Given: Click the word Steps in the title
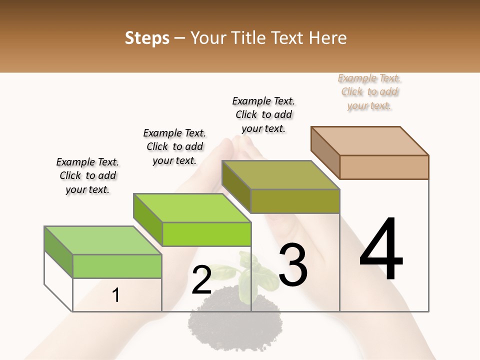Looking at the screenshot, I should pyautogui.click(x=147, y=38).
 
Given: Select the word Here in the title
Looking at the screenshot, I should pyautogui.click(x=327, y=38).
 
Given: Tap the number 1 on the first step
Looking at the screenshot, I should pyautogui.click(x=116, y=295).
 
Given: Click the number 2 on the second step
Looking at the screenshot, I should pyautogui.click(x=201, y=280).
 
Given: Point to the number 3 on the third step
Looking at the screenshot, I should pyautogui.click(x=293, y=264).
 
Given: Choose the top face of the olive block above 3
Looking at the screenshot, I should pyautogui.click(x=280, y=175).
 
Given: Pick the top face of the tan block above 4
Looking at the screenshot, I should pyautogui.click(x=369, y=141).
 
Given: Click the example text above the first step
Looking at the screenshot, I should pyautogui.click(x=87, y=176).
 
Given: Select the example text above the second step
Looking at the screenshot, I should pyautogui.click(x=174, y=147).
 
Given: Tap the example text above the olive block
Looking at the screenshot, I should pyautogui.click(x=263, y=114).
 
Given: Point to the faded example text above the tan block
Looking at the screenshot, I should pyautogui.click(x=369, y=92).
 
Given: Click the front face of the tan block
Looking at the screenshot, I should pyautogui.click(x=384, y=167).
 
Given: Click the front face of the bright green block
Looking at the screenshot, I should pyautogui.click(x=206, y=234).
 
